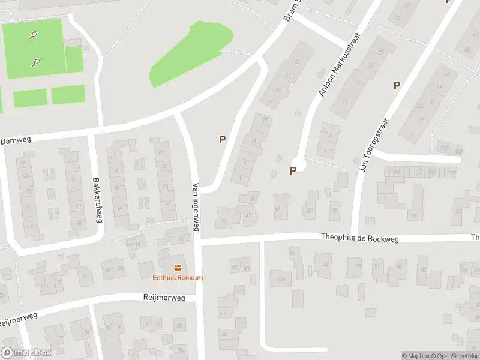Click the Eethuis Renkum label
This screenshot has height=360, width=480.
point(178,278)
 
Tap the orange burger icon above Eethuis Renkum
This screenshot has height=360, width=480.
point(178,267)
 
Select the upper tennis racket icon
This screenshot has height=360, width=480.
point(33,35)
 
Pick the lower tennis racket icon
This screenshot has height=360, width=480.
point(37,61)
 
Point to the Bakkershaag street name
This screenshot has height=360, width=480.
point(95,199)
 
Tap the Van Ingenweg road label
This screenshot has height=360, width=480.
point(196,207)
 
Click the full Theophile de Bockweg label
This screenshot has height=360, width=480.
point(359,238)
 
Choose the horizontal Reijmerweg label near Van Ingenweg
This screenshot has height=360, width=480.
point(164,298)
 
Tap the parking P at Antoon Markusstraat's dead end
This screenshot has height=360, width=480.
point(293,170)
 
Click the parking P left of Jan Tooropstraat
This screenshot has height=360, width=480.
point(397,85)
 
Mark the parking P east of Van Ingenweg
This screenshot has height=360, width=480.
point(222,139)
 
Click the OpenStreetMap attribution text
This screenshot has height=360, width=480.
point(454,356)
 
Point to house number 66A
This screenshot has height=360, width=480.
point(279,277)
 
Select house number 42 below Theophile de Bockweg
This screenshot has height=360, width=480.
point(326,264)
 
